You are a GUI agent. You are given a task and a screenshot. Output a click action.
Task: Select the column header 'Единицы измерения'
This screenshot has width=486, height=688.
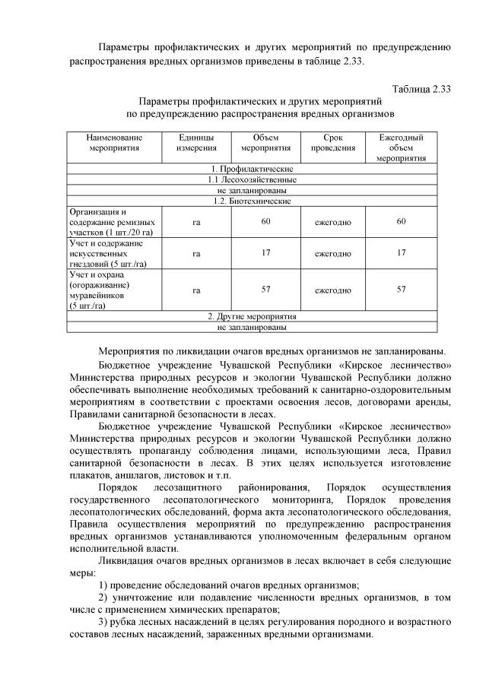(196, 143)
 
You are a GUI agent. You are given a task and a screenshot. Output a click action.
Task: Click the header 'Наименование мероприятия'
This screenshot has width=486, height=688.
(113, 143)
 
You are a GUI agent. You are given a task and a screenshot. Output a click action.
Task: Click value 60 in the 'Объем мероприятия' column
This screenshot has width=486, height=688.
(266, 221)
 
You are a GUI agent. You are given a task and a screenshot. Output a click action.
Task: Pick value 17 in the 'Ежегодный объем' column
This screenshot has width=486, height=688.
(401, 252)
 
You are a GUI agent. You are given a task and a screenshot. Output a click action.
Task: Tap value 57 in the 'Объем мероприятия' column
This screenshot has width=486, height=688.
(266, 290)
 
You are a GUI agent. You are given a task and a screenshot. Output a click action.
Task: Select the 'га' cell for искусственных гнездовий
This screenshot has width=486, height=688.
(196, 252)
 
